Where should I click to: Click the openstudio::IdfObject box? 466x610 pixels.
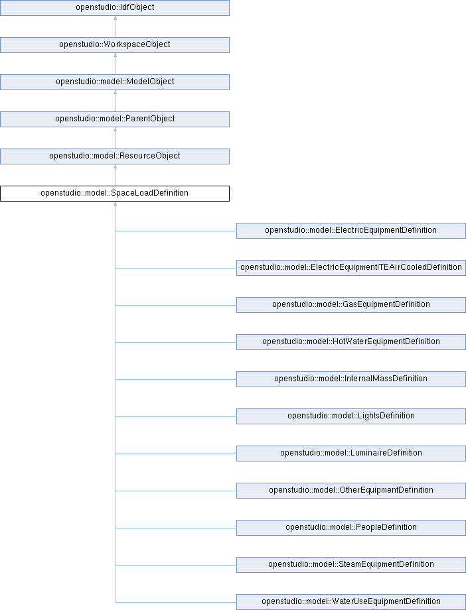(x=115, y=8)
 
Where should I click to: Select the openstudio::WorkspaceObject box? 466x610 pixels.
(x=115, y=45)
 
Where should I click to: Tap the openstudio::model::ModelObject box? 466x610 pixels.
(x=115, y=82)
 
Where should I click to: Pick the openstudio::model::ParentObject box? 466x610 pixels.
(x=115, y=119)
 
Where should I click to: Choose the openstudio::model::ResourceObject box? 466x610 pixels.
(x=115, y=156)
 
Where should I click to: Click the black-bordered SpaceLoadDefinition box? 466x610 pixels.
(x=115, y=194)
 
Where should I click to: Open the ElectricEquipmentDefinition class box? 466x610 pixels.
(x=351, y=231)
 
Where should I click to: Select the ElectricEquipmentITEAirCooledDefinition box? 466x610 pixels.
(x=351, y=268)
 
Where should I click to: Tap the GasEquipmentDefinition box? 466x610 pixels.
(x=351, y=305)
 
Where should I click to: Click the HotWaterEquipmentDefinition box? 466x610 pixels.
(x=351, y=342)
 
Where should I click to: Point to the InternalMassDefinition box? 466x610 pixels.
(x=351, y=379)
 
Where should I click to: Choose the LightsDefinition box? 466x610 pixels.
(x=351, y=416)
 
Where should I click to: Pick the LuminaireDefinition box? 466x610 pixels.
(x=351, y=454)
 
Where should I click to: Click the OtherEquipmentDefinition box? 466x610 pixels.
(x=351, y=491)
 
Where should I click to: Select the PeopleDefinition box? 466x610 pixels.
(x=351, y=528)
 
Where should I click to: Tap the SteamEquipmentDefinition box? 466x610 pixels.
(x=351, y=565)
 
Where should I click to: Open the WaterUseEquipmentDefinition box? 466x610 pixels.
(x=351, y=602)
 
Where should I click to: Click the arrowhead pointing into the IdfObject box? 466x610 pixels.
(x=115, y=18)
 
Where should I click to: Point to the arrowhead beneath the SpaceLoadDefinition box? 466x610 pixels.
(x=115, y=204)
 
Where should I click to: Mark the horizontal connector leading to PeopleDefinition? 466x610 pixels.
(x=176, y=528)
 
